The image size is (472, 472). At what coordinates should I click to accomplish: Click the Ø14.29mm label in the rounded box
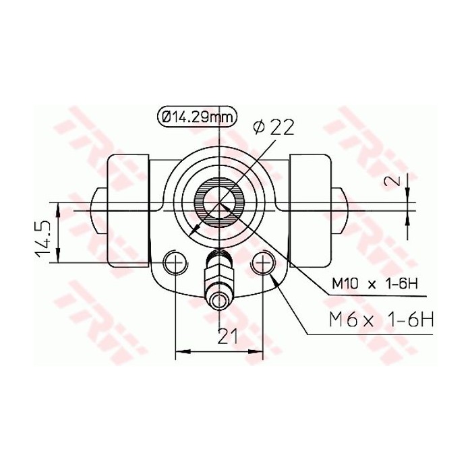pos(196,116)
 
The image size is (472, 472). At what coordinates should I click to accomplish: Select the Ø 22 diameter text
pos(273,126)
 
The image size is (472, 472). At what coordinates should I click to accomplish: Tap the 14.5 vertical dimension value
pos(42,237)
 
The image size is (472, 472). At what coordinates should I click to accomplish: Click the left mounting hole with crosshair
pos(175,262)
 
